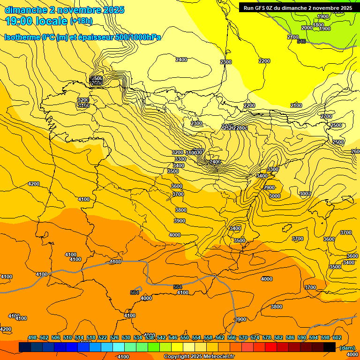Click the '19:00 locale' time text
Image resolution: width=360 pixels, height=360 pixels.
(36, 21)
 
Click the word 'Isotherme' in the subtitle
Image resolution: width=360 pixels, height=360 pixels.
(22, 37)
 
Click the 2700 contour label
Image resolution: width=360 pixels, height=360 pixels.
(326, 116)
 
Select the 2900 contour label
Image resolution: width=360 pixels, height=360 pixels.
(269, 187)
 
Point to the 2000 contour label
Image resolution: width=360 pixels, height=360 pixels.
(307, 28)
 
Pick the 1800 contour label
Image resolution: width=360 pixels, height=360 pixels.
(318, 25)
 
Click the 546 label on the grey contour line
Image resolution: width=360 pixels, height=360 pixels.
(301, 42)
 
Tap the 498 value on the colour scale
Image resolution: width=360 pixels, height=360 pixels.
(32, 337)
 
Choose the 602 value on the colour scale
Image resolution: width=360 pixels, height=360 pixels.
(337, 337)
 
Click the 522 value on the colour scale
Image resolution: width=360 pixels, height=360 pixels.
(103, 337)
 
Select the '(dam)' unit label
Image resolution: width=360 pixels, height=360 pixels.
(347, 347)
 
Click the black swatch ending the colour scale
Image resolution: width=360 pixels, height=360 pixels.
(330, 347)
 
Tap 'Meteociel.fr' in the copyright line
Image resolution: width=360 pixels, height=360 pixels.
(217, 357)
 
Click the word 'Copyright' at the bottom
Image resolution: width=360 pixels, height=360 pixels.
(177, 357)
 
